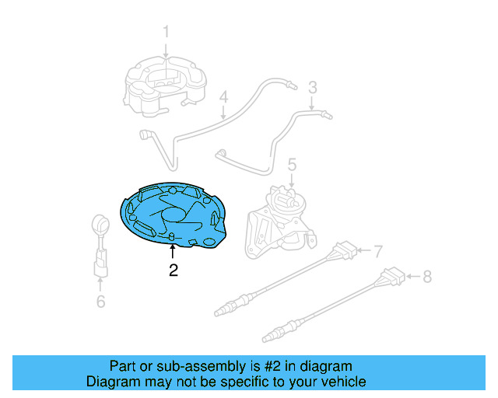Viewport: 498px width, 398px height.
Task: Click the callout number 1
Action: click(166, 32)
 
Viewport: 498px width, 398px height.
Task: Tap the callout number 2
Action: click(174, 271)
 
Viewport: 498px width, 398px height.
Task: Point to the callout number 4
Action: click(223, 98)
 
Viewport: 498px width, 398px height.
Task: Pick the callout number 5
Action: click(292, 164)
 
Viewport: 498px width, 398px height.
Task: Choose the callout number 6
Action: click(100, 301)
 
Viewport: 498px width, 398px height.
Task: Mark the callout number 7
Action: click(378, 252)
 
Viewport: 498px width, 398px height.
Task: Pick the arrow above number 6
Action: click(100, 283)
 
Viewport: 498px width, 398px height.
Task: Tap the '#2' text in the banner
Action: click(276, 366)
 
